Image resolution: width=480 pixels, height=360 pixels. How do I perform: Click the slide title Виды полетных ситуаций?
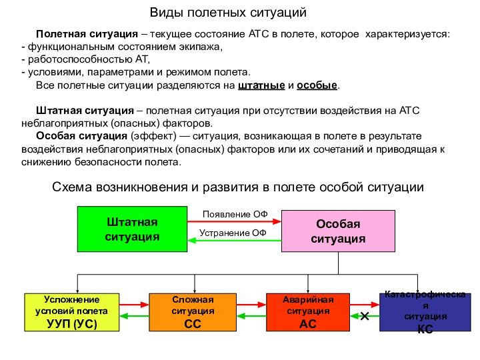tap(227, 13)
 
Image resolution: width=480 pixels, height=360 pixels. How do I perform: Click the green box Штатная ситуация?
tap(131, 229)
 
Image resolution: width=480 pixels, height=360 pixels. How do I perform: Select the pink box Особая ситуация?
tap(338, 231)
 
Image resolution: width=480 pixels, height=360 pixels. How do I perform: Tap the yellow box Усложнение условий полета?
tap(71, 312)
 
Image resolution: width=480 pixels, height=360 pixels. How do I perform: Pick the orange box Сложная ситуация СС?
tap(193, 312)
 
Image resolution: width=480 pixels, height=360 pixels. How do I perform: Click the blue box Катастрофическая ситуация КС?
tap(425, 312)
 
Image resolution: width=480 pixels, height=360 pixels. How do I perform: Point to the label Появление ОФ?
tap(235, 214)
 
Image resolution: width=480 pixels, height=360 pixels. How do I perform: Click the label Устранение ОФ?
tap(233, 233)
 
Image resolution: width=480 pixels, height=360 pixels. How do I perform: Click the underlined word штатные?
tap(261, 87)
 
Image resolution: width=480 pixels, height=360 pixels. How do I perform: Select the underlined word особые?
tap(317, 87)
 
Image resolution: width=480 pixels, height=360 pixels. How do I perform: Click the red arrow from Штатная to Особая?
tap(233, 223)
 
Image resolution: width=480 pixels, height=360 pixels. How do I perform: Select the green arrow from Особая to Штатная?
tap(233, 241)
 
